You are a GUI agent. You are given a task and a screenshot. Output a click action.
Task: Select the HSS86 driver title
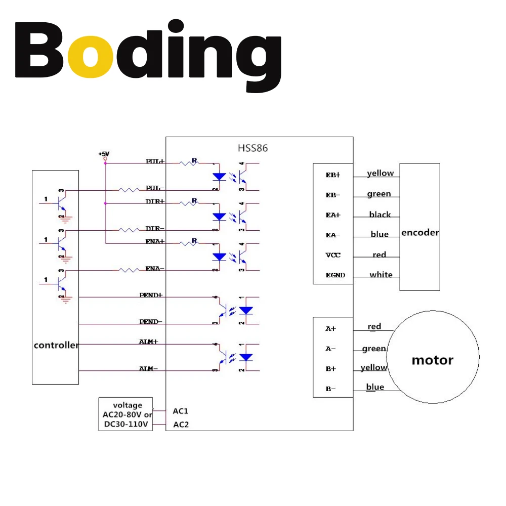(252, 148)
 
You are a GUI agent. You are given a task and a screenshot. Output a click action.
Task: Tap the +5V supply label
(104, 153)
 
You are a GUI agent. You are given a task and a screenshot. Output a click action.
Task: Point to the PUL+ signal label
(155, 161)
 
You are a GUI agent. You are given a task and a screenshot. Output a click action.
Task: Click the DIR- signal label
(155, 228)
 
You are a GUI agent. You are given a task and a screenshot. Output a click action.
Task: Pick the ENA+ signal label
(155, 242)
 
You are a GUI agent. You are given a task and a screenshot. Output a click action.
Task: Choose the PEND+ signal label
(151, 294)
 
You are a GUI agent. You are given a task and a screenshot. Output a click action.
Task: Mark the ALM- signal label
(148, 368)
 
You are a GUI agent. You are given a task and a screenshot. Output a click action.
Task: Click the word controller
(56, 345)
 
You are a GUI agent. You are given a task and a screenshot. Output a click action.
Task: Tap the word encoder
(420, 233)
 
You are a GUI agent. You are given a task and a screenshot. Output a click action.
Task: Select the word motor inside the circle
(432, 360)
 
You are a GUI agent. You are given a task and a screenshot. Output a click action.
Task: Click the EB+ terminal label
(333, 175)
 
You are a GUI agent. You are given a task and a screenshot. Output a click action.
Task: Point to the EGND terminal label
(335, 275)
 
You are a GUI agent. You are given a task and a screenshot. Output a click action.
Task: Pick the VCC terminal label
(333, 255)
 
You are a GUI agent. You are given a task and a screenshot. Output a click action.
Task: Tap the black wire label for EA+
(379, 215)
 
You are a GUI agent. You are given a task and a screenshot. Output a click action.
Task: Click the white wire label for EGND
(381, 275)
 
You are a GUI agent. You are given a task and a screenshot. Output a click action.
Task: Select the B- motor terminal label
(330, 389)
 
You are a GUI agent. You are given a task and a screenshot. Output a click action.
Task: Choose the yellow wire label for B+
(373, 368)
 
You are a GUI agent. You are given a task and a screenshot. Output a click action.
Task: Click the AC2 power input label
(181, 425)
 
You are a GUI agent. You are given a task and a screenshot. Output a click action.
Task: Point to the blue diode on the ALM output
(245, 357)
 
